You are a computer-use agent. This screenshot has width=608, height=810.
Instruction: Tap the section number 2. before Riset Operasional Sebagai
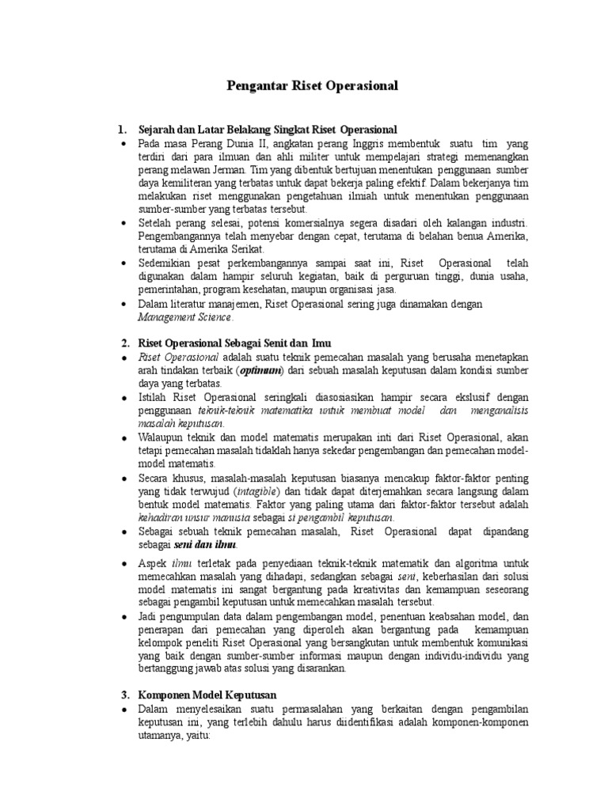[x=124, y=343]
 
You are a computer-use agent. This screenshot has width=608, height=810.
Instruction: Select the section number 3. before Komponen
[x=124, y=695]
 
